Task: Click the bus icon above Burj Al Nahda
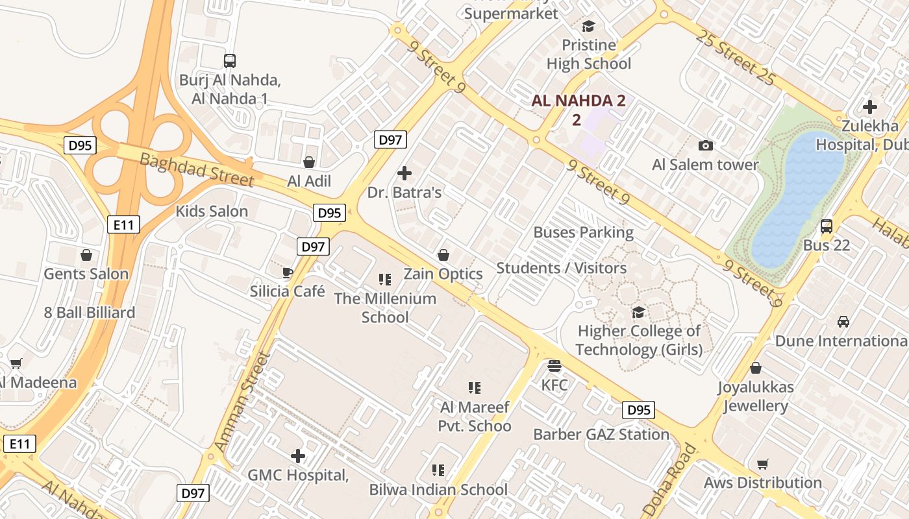coord(229,61)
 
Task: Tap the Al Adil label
coord(309,181)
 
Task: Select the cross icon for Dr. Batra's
coord(405,173)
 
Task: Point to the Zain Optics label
coord(443,274)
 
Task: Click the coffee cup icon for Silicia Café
coord(288,272)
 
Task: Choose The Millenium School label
coord(385,308)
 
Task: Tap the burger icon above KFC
coord(554,366)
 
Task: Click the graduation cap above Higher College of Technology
coord(639,313)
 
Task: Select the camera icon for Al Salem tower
coord(705,146)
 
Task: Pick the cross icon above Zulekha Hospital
coord(870,107)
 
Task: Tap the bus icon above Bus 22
coord(826,226)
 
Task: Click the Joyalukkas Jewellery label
coord(756,396)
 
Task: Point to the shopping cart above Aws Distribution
coord(763,465)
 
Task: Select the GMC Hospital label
coord(298,475)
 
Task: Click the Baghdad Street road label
coord(196,169)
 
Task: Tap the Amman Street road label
coord(242,402)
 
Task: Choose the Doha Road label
coord(670,479)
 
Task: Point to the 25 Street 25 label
coord(735,57)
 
